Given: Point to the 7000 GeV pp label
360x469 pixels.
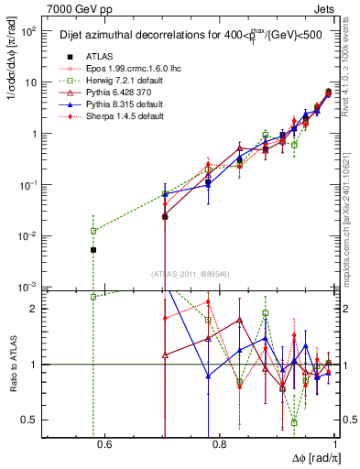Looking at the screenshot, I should [69, 8].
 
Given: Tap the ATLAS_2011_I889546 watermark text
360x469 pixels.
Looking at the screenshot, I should [191, 273].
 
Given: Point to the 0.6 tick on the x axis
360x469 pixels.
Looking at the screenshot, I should [104, 445].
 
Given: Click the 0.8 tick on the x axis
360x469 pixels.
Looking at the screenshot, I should [219, 445].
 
